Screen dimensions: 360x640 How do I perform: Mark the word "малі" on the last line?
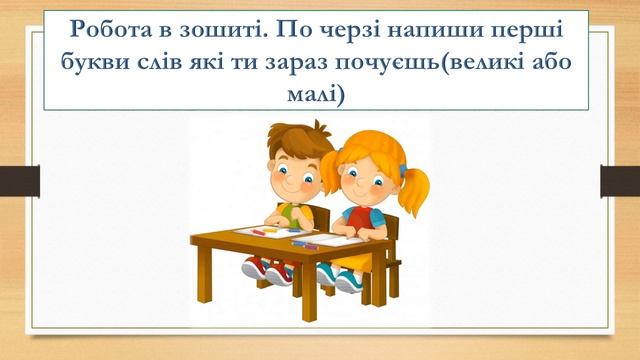pos(319,95)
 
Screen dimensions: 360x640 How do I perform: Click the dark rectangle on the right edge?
pos(620,181)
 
